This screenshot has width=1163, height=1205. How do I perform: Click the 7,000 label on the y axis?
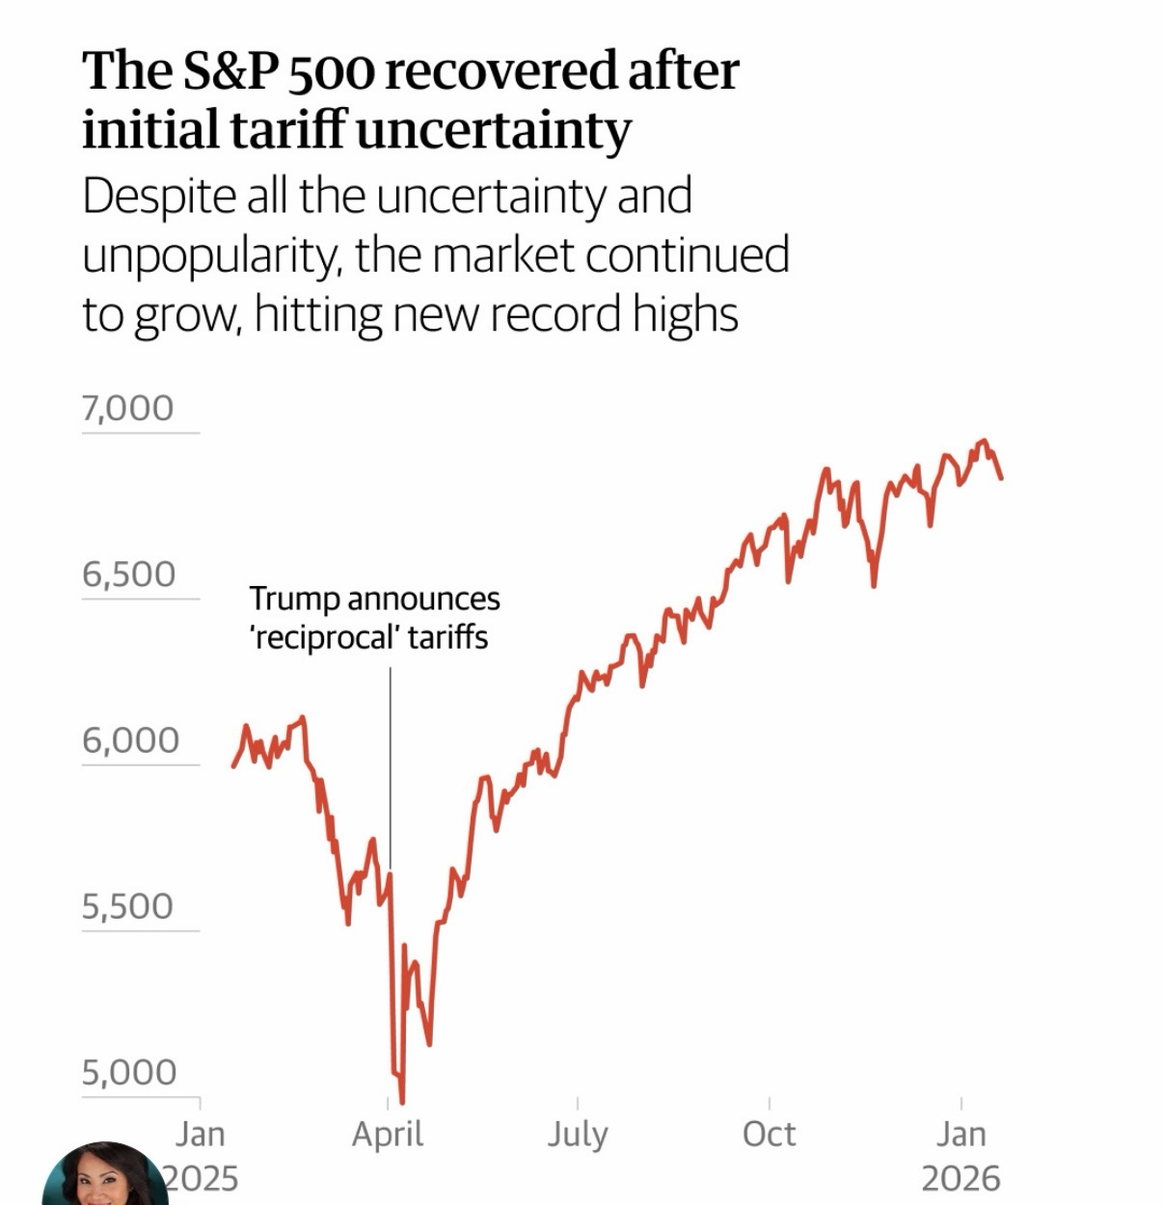click(127, 409)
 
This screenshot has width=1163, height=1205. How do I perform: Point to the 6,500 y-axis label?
click(128, 575)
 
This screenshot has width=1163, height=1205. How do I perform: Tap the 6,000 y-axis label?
click(130, 740)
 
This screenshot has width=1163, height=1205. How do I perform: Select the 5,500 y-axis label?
click(127, 906)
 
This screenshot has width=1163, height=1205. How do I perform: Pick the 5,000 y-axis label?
click(129, 1072)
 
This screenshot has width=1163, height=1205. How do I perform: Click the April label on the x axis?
click(388, 1134)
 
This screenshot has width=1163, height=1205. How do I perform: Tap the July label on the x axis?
click(578, 1134)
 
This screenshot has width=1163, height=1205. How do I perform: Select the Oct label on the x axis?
click(769, 1134)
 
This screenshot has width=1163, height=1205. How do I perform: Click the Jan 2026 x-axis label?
click(960, 1155)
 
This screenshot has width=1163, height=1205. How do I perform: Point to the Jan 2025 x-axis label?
click(200, 1155)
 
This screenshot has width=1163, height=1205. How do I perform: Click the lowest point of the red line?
click(401, 1102)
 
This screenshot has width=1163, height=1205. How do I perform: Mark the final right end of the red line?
click(1002, 477)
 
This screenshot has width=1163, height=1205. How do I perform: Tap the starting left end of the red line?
click(233, 766)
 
